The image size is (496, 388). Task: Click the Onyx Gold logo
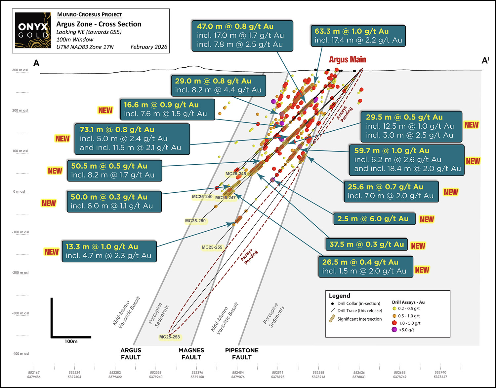coord(33,30)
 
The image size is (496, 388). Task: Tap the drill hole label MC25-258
coord(170,337)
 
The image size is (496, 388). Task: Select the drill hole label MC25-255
coord(212,247)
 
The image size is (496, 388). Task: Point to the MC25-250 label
coord(195,221)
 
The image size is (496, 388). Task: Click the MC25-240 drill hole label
coord(202,197)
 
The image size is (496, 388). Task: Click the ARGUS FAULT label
coord(131,354)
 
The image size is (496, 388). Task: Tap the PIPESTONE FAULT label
coord(242,354)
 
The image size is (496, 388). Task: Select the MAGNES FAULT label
coord(191,354)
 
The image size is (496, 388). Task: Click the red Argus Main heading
coord(348,60)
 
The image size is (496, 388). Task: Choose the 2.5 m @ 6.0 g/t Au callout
coord(373,219)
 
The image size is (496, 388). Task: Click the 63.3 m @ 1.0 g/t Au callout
coord(358,36)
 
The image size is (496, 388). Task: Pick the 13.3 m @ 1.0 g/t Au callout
coord(109,251)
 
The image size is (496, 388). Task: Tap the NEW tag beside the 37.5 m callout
coord(418,246)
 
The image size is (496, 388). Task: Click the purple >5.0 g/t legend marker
coord(394,330)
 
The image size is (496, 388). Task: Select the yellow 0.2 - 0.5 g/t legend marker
coord(394,309)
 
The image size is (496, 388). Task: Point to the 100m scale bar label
coord(71,341)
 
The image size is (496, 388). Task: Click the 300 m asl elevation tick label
coord(20,70)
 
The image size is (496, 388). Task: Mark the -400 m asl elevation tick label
coord(20,354)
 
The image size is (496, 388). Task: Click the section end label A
coord(36,63)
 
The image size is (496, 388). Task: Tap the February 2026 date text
coord(149,47)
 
